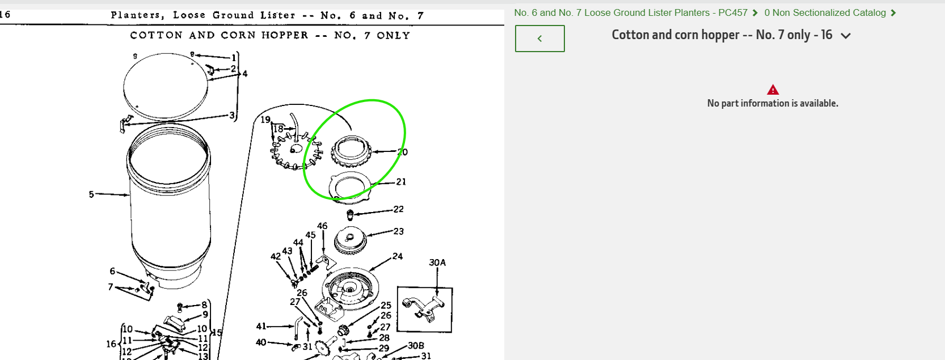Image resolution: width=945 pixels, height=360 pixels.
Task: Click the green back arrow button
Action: [539, 39]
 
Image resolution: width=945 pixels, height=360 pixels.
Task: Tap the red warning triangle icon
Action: [773, 90]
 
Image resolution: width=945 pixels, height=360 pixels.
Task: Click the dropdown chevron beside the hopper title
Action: [845, 36]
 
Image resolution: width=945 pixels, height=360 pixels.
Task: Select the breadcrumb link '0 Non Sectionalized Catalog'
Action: [825, 12]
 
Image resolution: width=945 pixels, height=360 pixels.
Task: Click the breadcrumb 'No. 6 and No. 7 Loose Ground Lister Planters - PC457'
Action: [631, 12]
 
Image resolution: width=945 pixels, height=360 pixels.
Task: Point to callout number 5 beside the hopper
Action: [91, 194]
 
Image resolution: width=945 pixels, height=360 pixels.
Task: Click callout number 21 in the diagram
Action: [401, 181]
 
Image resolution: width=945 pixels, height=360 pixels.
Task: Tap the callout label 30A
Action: [437, 262]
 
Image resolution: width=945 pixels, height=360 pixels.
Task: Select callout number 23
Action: [398, 231]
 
